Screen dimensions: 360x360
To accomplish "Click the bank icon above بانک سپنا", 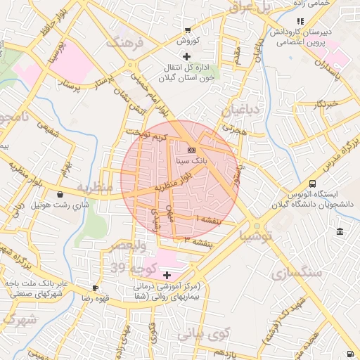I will tap(191, 150).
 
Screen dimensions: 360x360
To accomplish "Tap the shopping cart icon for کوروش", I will tap(187, 30).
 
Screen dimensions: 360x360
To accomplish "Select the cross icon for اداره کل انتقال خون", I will tap(186, 56).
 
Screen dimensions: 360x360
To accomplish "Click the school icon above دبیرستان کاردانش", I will tap(300, 21).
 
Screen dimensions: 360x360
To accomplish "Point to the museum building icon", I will tap(340, 232).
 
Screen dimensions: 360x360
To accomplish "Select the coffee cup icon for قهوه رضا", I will tap(95, 288).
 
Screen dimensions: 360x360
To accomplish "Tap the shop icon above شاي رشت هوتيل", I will tap(60, 194).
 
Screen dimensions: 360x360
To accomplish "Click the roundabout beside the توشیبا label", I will tap(252, 230).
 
